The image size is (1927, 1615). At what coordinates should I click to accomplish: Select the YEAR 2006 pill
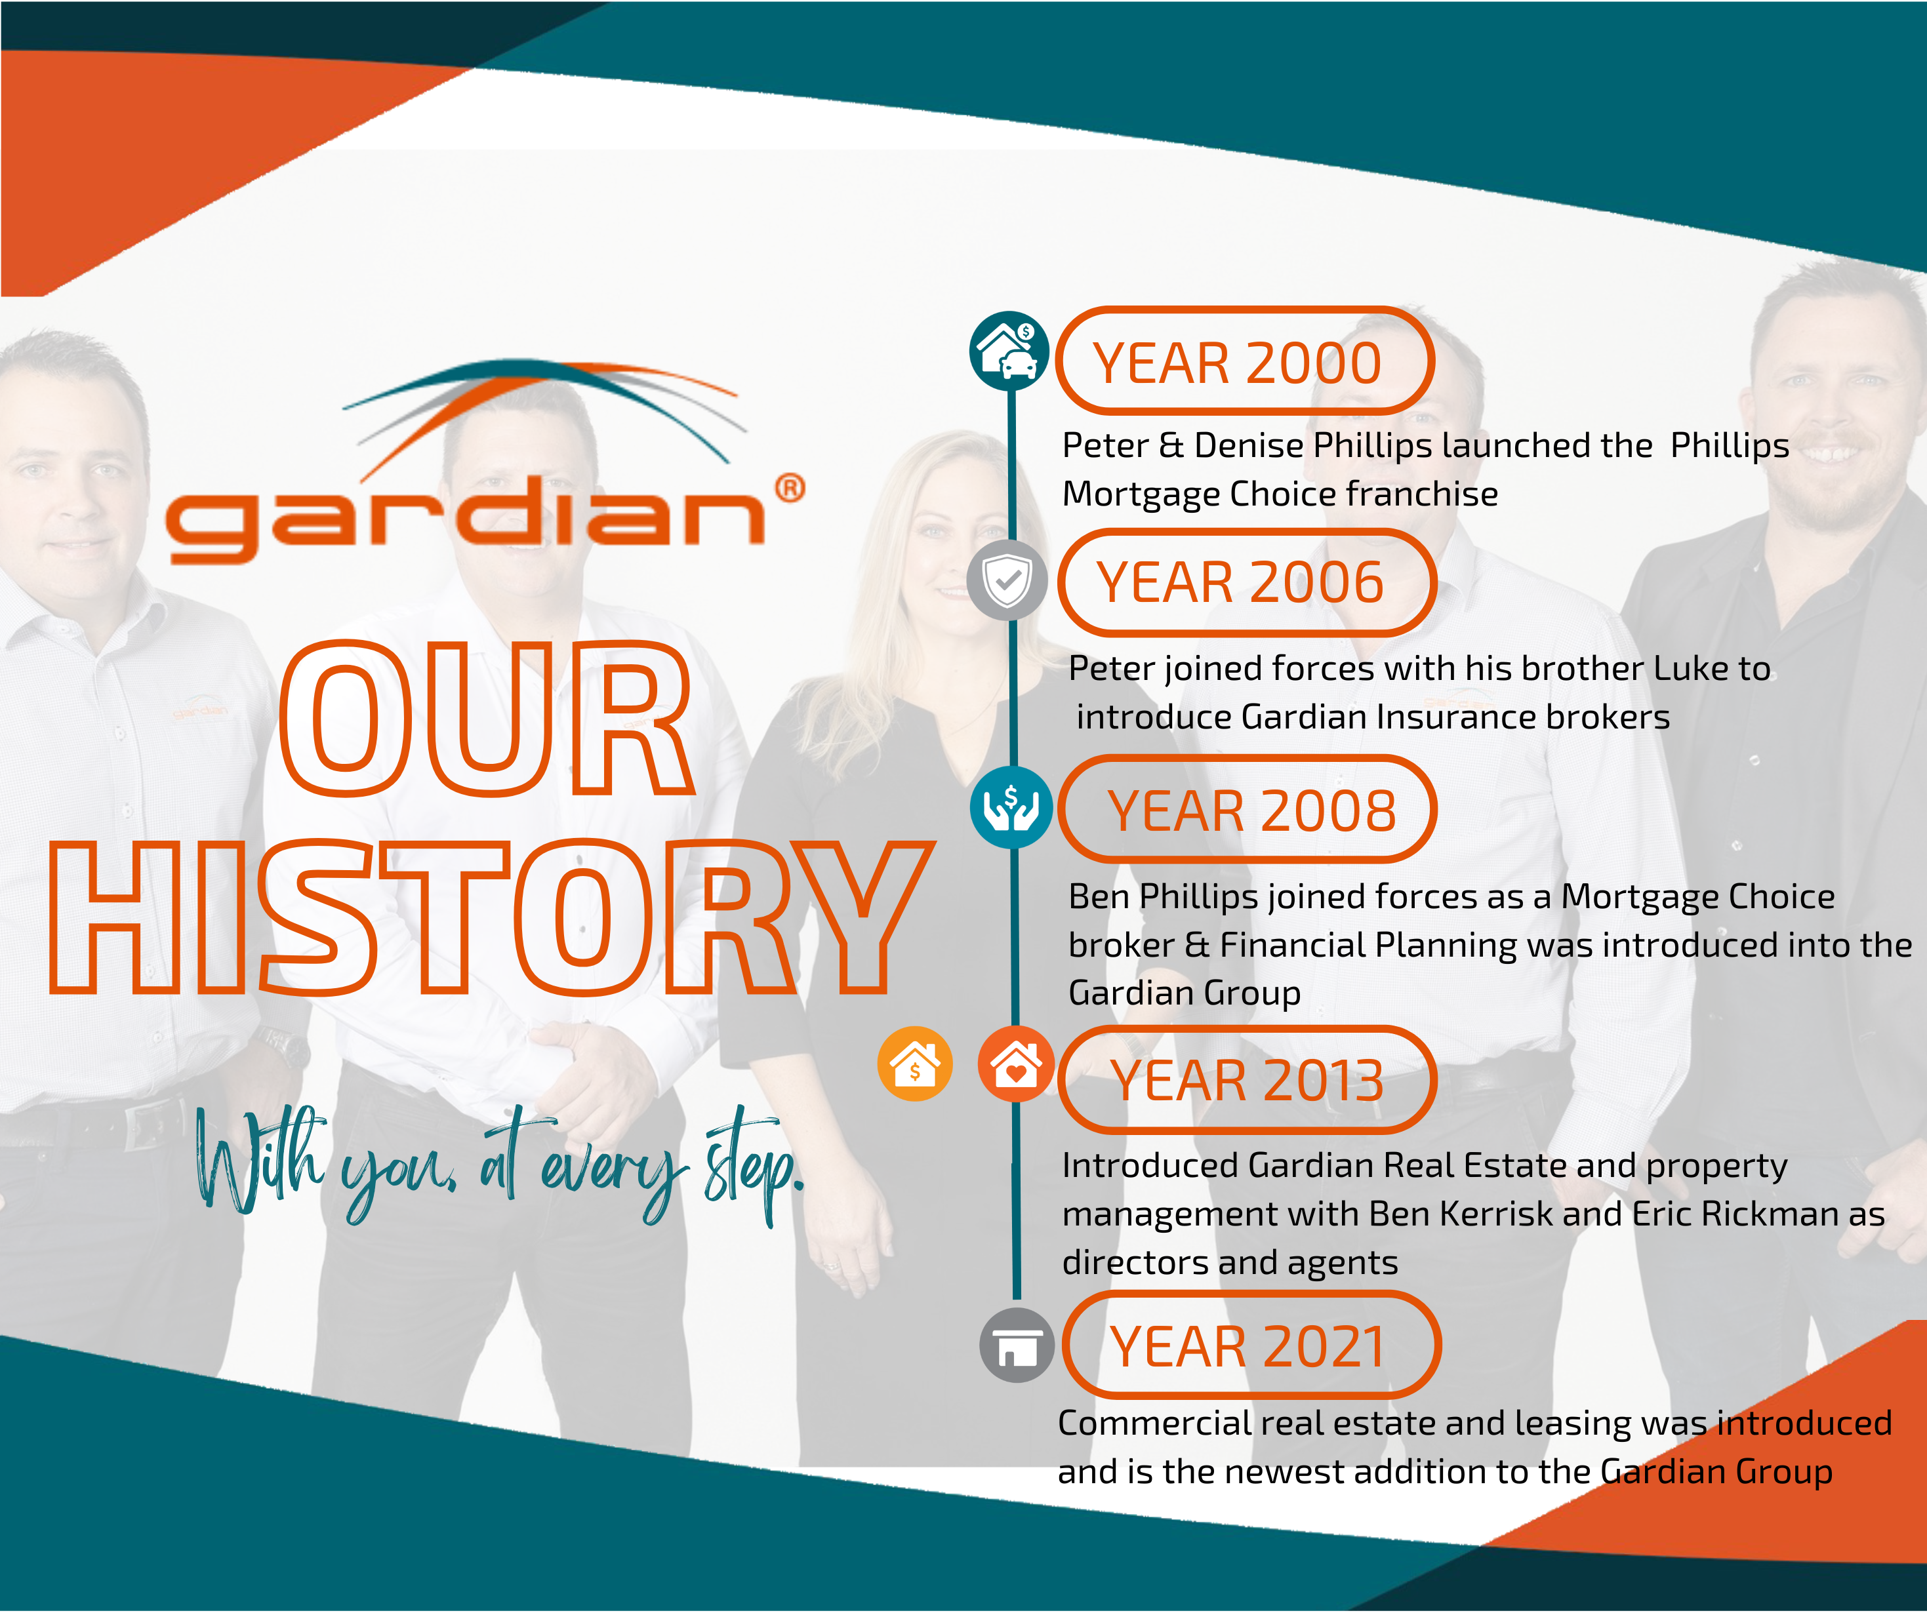[1246, 583]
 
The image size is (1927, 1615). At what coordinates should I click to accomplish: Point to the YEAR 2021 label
[1251, 1346]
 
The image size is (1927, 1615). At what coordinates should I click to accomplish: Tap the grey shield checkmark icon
[1007, 580]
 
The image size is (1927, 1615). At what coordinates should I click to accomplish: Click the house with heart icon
[1017, 1064]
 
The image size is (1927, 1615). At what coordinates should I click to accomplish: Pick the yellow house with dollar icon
[915, 1064]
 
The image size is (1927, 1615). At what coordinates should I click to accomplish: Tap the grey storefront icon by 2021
[1017, 1346]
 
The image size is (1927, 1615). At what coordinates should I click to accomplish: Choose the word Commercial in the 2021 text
[1155, 1424]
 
